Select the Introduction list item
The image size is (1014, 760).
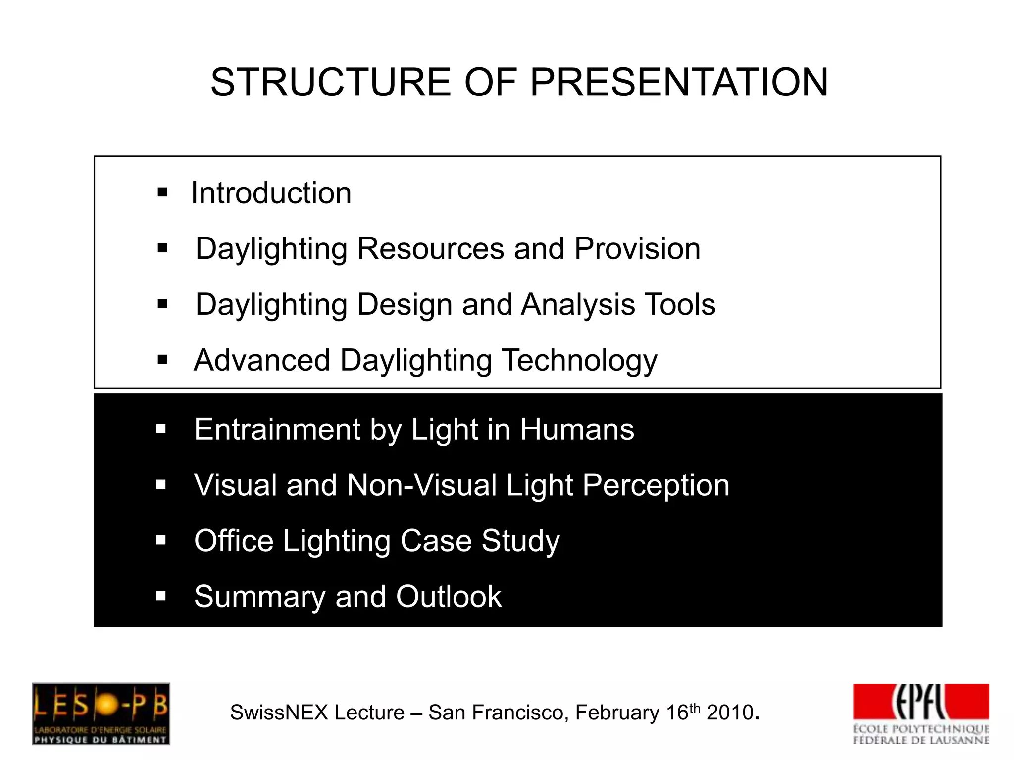tap(271, 192)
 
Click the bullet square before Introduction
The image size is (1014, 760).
tap(162, 192)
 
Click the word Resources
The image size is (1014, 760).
tap(430, 248)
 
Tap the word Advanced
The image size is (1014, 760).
tap(262, 360)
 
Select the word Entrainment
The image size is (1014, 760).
tap(277, 429)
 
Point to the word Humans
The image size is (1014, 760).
tap(577, 429)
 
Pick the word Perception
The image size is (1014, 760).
tap(656, 486)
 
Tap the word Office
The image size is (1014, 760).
tap(234, 540)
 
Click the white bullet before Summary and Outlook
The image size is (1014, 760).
tap(161, 596)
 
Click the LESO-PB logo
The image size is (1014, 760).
tap(101, 713)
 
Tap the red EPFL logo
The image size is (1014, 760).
tap(920, 703)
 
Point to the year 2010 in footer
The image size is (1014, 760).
tap(730, 713)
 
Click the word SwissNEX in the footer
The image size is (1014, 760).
tap(279, 713)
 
